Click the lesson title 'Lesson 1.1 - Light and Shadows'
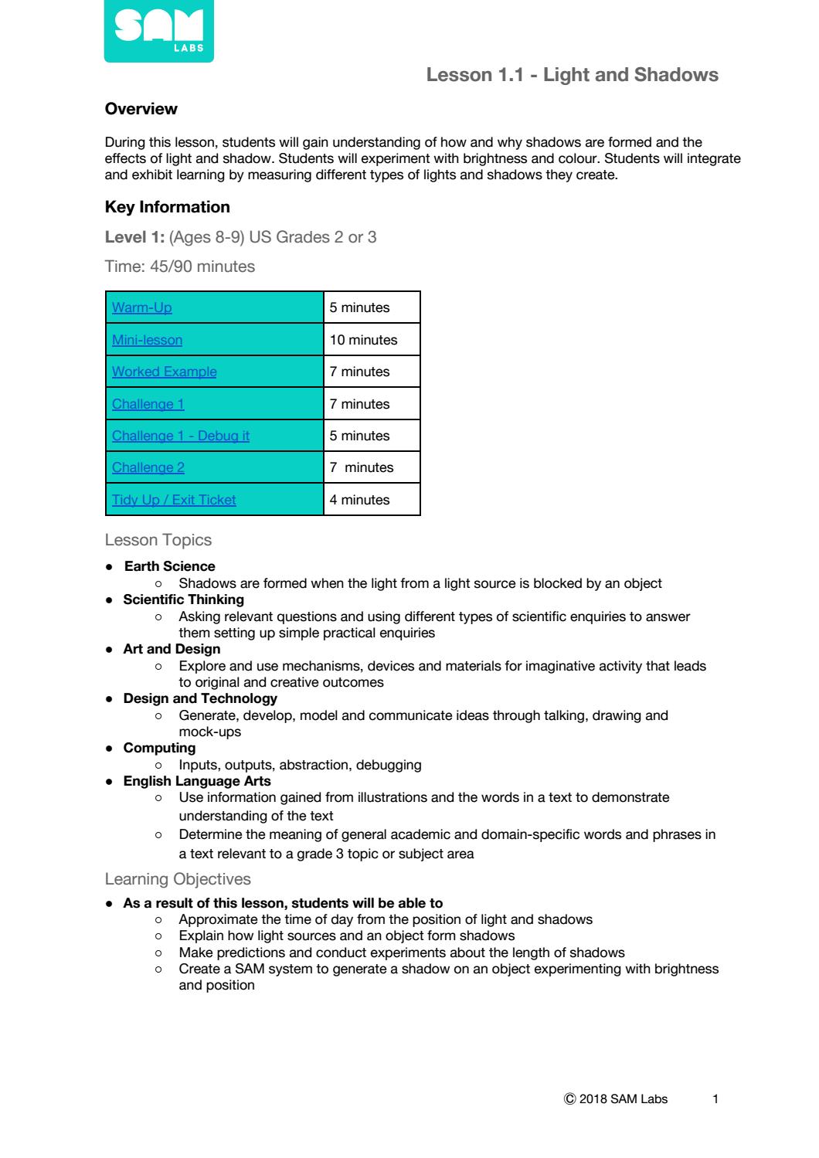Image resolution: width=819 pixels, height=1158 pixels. point(572,75)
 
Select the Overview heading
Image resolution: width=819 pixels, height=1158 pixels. point(141,109)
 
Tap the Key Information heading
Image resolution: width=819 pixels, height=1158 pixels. point(167,207)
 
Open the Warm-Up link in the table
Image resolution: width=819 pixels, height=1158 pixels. point(142,307)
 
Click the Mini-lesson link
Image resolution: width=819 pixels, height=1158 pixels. point(148,340)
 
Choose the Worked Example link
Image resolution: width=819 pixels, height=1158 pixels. point(165,372)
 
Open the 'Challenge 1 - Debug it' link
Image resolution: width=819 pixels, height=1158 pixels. point(181,436)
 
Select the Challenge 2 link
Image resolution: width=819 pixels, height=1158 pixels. point(148,467)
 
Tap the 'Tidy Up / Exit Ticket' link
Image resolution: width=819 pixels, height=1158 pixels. point(174,500)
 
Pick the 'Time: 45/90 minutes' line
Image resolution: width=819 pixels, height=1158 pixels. point(179,267)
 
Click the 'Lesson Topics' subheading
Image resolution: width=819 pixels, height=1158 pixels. point(158,540)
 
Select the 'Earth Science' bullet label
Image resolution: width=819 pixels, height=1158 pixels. point(169,566)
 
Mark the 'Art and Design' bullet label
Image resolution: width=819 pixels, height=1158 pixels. point(172,649)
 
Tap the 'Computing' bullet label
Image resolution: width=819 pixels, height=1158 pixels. point(159,748)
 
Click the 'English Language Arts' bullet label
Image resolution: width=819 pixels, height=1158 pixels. point(197,781)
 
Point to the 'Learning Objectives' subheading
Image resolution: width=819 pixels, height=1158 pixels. point(178,879)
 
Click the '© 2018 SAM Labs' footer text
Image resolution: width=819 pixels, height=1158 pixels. point(616,1099)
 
